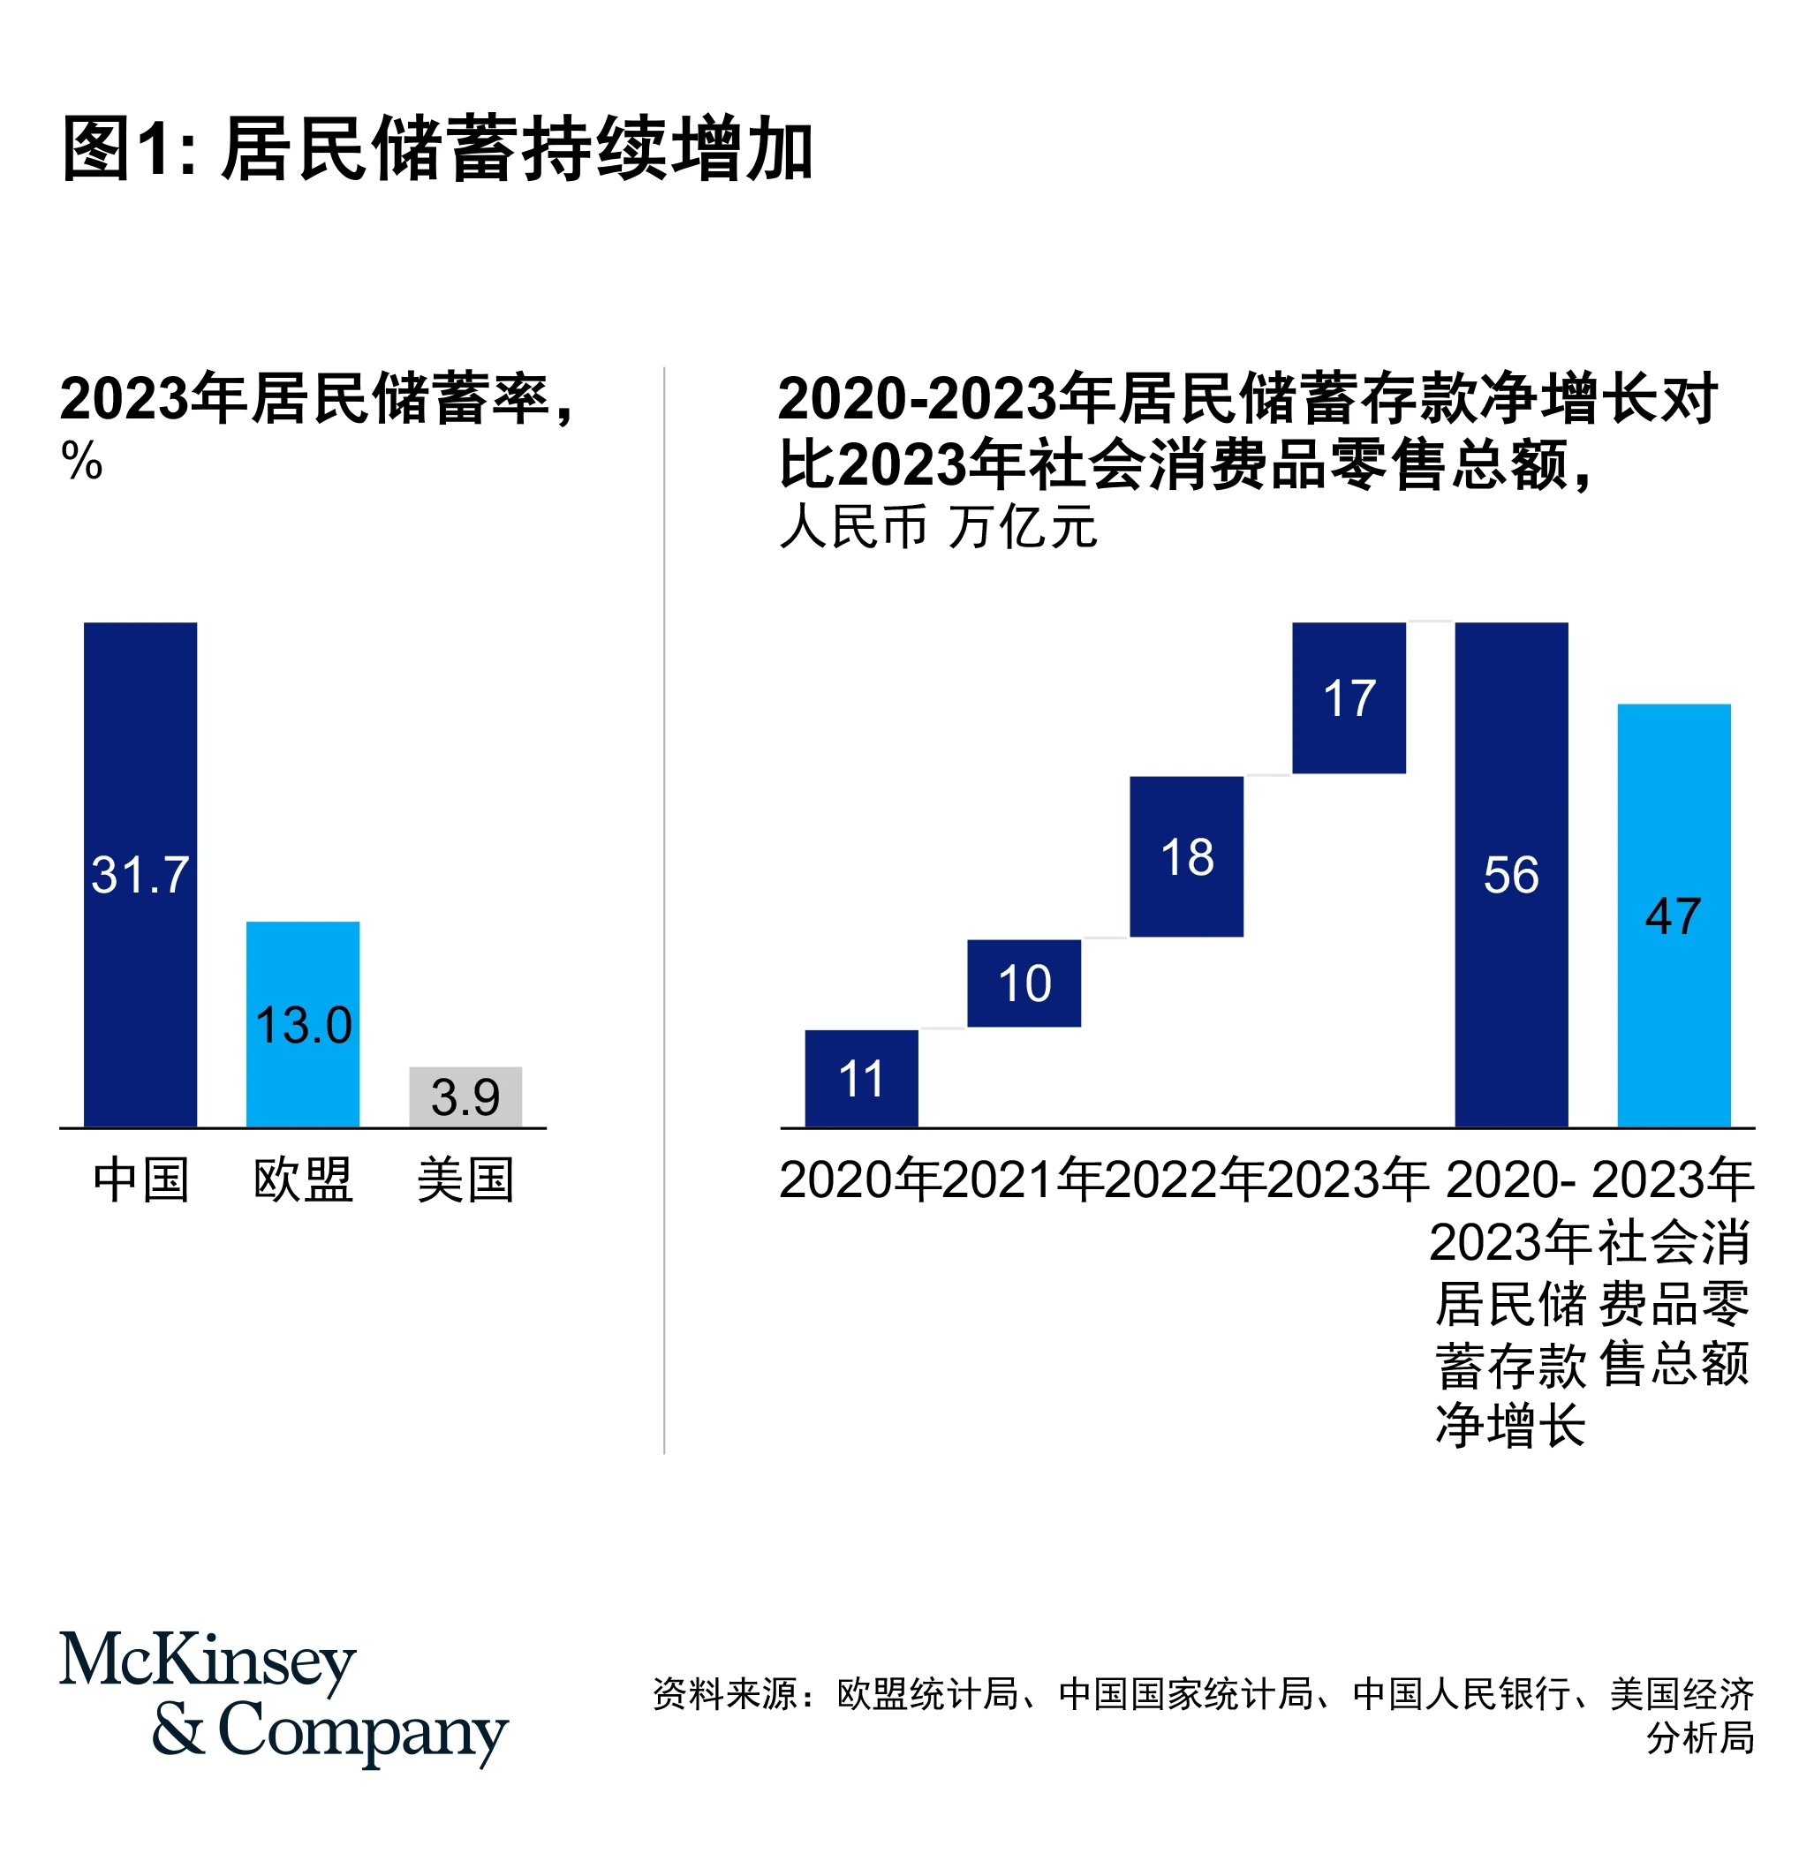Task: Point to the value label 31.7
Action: click(140, 875)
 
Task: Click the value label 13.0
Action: click(303, 1026)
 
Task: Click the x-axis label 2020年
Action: click(859, 1181)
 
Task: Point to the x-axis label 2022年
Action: click(1185, 1181)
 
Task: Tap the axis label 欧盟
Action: click(303, 1181)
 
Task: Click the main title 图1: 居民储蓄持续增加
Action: click(437, 149)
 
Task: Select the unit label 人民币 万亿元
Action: click(938, 527)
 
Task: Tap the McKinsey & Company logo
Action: click(283, 1699)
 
